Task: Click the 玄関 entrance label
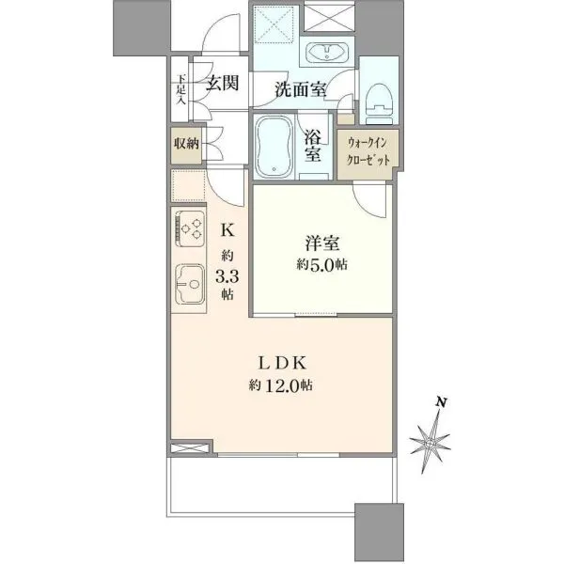222,84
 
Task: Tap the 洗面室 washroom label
301,89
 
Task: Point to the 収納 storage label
186,144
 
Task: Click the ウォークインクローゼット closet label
368,151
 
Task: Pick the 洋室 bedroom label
321,243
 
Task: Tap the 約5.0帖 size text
321,265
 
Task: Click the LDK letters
282,363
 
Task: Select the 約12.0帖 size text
280,385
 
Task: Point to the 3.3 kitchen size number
227,277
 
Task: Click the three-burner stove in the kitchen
190,228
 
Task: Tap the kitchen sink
190,284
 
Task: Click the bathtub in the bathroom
274,147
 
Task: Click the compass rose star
430,444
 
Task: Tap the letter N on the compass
441,402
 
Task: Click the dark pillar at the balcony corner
379,533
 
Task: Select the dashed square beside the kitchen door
188,185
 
